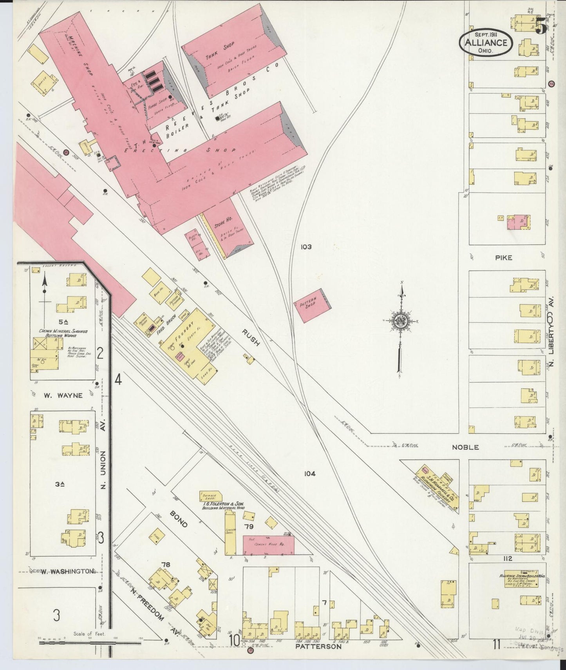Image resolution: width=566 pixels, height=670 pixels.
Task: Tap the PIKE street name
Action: pyautogui.click(x=503, y=257)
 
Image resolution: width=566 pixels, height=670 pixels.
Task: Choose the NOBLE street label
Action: pyautogui.click(x=465, y=447)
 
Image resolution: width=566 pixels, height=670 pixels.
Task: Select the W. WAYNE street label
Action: pyautogui.click(x=63, y=395)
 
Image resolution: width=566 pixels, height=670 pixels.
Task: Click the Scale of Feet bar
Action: pyautogui.click(x=90, y=643)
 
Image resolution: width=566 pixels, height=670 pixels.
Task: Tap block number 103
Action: pyautogui.click(x=306, y=247)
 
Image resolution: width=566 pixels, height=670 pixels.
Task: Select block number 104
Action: pyautogui.click(x=309, y=473)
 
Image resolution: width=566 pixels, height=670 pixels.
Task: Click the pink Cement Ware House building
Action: pyautogui.click(x=268, y=545)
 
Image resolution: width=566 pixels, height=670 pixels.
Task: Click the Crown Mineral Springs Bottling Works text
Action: pyautogui.click(x=63, y=333)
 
